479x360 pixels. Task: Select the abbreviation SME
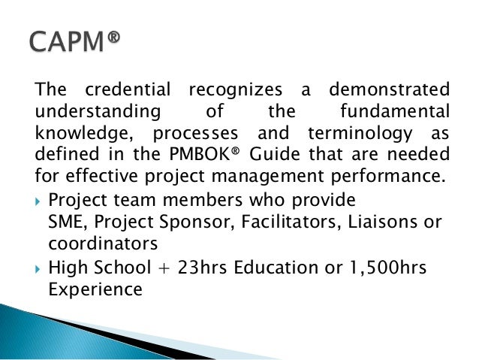(x=65, y=223)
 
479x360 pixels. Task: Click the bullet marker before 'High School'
(x=39, y=268)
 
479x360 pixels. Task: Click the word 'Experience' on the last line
(x=95, y=289)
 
